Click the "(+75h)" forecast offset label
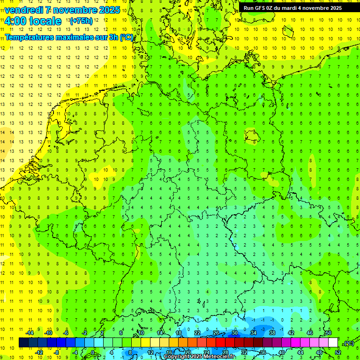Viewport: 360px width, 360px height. coord(81,21)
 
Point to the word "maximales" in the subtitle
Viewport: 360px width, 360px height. coord(71,37)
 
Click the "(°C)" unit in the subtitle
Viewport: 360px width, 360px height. coord(126,37)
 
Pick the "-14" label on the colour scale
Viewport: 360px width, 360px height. coord(29,333)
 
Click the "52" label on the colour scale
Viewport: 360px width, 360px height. coord(337,352)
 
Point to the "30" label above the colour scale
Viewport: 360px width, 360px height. coord(234,333)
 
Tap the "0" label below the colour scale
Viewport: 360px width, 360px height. coord(93,352)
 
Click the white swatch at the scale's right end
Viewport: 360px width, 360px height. coord(333,343)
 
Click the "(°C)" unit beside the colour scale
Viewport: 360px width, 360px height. coord(348,343)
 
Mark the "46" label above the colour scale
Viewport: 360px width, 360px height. coord(309,333)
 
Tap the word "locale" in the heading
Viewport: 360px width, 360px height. coord(45,21)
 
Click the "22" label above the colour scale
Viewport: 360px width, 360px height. coord(197,333)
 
